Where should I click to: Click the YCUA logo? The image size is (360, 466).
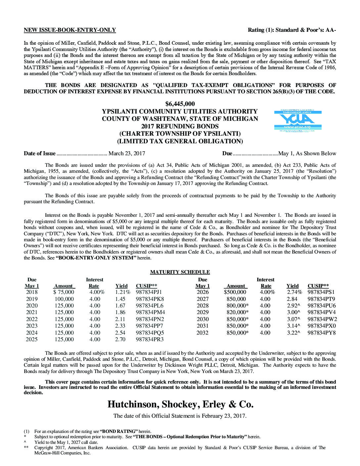(x=298, y=121)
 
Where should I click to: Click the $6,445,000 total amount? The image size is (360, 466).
(x=180, y=104)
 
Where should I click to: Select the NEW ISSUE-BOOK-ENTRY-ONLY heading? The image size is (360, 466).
(x=70, y=30)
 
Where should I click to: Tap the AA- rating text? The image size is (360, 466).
(x=331, y=30)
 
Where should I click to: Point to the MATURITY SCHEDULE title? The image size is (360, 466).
(x=180, y=272)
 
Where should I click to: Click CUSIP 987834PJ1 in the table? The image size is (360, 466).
(x=149, y=292)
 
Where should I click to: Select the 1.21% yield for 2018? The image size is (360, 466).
(x=123, y=292)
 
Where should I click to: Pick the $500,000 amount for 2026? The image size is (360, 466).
(x=235, y=292)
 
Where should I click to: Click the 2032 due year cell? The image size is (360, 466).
(x=202, y=333)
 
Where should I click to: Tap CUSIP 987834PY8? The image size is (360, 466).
(x=322, y=333)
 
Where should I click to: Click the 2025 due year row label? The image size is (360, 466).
(x=32, y=340)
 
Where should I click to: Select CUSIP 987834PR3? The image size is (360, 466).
(x=150, y=340)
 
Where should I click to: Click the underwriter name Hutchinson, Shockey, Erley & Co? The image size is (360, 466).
(x=180, y=404)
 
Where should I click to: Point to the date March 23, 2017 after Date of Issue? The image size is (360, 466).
(x=127, y=154)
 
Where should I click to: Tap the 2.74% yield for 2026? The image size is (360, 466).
(x=294, y=292)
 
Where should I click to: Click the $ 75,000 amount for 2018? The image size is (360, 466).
(x=64, y=292)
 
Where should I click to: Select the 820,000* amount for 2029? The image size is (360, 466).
(x=237, y=312)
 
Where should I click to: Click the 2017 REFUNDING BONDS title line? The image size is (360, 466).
(x=180, y=126)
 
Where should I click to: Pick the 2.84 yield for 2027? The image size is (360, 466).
(x=292, y=299)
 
